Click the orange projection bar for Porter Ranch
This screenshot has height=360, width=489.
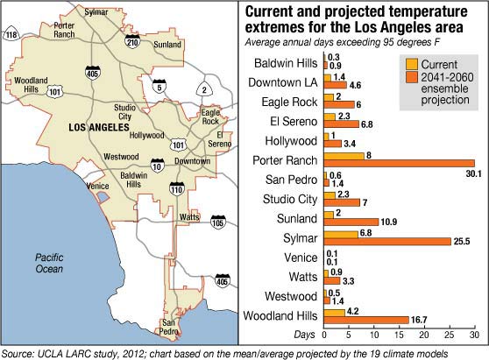click(x=400, y=163)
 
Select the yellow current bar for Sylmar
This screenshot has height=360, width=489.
click(x=341, y=235)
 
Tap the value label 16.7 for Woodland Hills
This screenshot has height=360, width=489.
click(x=419, y=320)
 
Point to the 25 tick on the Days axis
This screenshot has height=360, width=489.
click(x=450, y=335)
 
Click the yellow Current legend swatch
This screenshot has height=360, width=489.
click(x=412, y=64)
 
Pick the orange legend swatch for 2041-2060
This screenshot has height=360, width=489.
click(x=412, y=77)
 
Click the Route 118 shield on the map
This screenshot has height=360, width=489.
click(x=11, y=34)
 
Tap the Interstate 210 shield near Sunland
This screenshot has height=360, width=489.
click(x=132, y=41)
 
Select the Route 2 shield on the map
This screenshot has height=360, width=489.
click(x=204, y=89)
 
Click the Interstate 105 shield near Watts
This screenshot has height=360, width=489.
click(x=217, y=222)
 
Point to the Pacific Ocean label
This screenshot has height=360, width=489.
click(x=49, y=264)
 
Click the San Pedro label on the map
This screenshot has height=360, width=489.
click(x=169, y=327)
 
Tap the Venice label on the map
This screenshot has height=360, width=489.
click(x=98, y=186)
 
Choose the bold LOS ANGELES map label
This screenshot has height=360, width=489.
click(x=99, y=127)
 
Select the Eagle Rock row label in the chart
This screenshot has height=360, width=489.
click(x=289, y=102)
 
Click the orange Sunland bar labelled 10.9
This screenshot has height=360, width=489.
click(x=351, y=222)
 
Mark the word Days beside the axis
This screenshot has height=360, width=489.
click(x=304, y=335)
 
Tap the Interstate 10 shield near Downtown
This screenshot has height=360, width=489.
click(x=157, y=166)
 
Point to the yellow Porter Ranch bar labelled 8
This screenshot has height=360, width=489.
click(x=344, y=156)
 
